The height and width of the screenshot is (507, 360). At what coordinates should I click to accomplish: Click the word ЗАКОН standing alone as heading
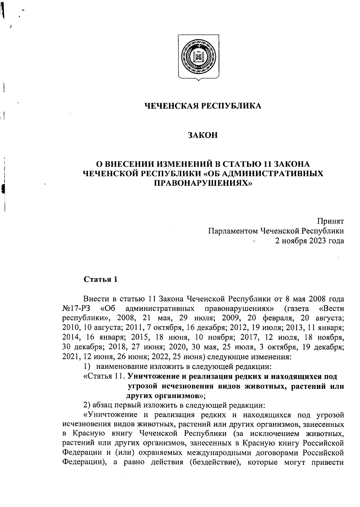tap(202, 135)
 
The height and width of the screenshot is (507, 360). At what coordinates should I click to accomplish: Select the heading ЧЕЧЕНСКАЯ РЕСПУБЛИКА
tap(203, 106)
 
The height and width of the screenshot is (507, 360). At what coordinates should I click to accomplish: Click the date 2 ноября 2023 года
tap(309, 241)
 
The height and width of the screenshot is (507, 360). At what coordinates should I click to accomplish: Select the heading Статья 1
tap(100, 279)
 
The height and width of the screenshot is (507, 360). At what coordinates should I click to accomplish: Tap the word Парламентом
tap(233, 231)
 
